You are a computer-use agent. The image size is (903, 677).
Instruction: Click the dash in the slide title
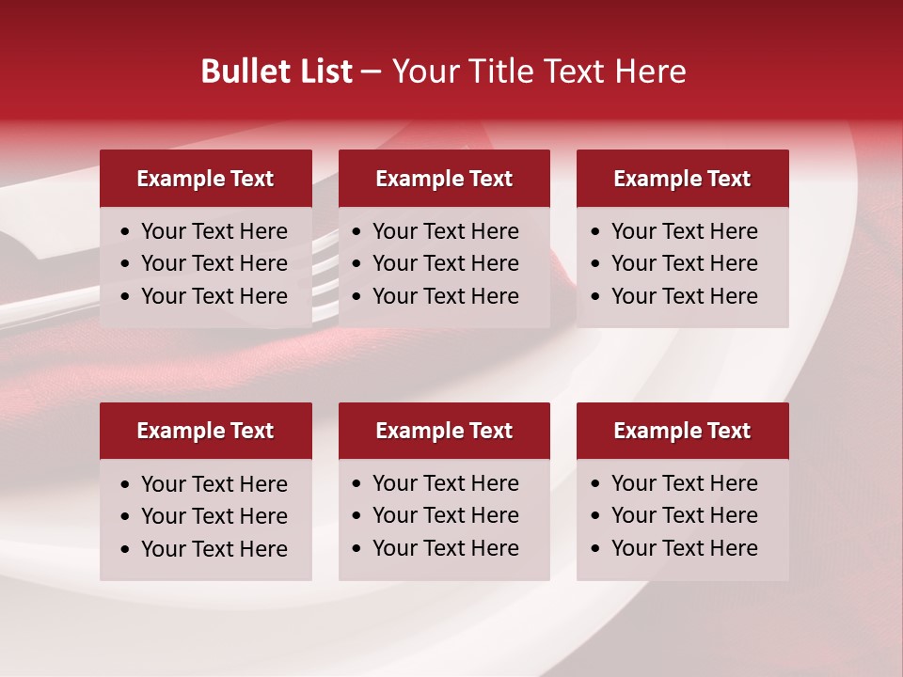371,72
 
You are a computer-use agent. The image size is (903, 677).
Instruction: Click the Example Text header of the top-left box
205,179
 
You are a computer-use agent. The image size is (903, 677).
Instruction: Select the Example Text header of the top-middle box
444,179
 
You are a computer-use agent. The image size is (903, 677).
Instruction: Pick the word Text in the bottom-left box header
252,431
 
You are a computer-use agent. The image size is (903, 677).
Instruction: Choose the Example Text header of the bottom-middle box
444,431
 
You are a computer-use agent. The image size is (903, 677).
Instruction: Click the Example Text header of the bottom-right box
682,431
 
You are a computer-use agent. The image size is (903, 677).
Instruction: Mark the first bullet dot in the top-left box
126,232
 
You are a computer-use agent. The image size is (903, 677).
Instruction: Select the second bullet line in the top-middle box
445,263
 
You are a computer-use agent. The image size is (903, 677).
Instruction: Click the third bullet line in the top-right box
684,296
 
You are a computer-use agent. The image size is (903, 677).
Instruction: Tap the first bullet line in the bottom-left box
214,484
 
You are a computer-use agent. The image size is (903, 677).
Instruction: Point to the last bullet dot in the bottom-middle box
357,548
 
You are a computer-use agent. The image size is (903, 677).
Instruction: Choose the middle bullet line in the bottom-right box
684,515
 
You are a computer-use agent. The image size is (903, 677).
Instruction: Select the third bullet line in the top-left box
214,296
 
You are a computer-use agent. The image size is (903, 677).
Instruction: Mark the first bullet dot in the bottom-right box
596,484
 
